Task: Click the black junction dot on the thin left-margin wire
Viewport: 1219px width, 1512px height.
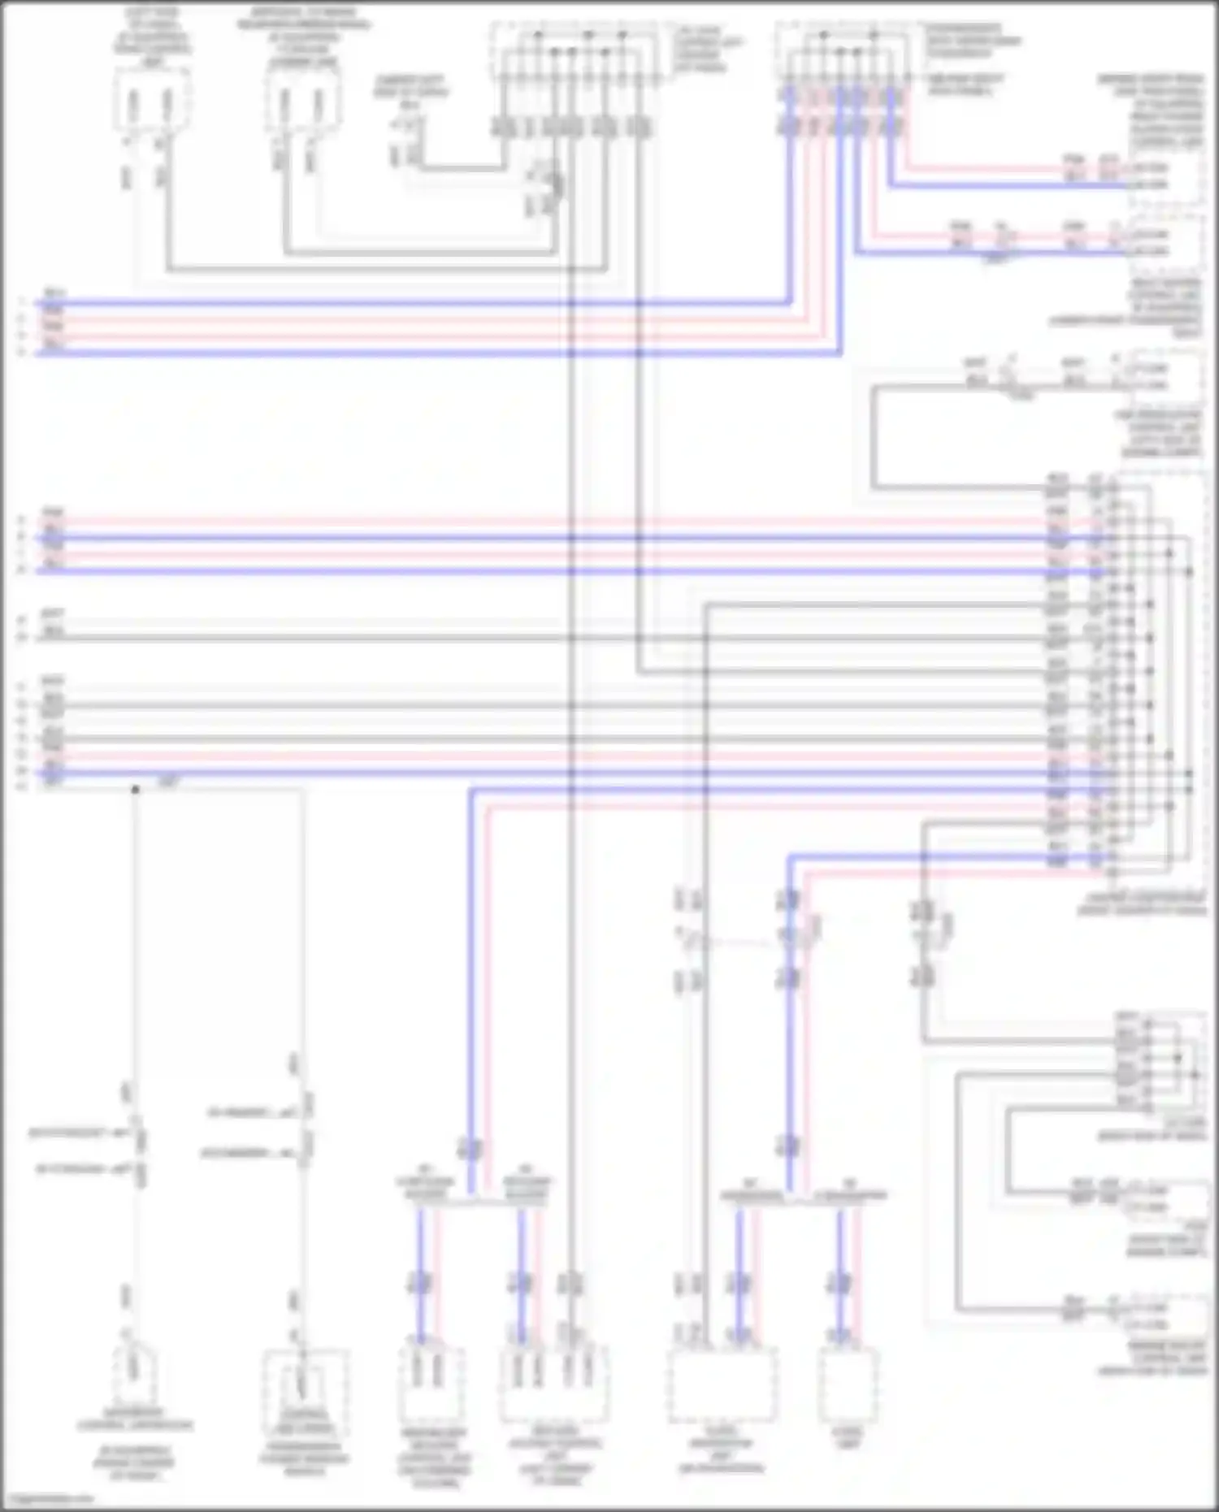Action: point(135,789)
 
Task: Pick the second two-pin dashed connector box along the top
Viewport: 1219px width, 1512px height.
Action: point(302,102)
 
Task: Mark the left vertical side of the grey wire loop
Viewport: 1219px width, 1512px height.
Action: point(873,439)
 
